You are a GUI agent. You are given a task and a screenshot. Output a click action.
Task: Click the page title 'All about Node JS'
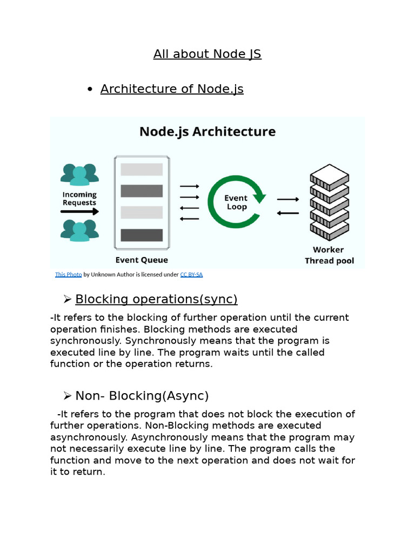(x=207, y=54)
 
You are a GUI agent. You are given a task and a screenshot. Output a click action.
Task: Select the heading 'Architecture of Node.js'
(x=172, y=89)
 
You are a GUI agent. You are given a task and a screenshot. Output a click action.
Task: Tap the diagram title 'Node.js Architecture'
(x=207, y=132)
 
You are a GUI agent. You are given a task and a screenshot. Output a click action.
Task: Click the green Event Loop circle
(x=237, y=202)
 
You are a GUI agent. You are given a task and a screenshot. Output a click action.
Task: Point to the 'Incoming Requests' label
(x=79, y=199)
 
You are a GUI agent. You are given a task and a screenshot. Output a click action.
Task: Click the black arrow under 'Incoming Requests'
(x=79, y=212)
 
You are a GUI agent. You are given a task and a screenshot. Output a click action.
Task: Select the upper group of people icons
(x=79, y=174)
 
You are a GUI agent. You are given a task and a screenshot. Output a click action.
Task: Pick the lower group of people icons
(x=79, y=231)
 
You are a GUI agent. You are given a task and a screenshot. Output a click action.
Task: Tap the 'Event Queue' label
(x=142, y=260)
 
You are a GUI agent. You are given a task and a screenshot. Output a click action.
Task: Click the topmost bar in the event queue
(x=142, y=170)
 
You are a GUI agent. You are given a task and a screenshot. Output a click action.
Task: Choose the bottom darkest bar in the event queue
(x=142, y=235)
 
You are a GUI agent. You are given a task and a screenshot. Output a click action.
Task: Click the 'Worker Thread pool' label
(x=329, y=255)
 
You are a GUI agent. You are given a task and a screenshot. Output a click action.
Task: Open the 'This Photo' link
(x=69, y=274)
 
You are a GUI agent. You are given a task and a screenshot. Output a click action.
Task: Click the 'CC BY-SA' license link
(x=191, y=274)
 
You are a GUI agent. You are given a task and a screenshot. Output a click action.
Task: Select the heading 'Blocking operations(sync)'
(x=156, y=299)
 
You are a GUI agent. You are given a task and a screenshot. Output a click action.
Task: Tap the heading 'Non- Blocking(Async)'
(x=142, y=396)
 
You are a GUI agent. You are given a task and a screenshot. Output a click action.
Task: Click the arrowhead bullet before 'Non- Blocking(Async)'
(x=68, y=396)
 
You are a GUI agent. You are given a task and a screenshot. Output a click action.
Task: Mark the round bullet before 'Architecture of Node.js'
(x=90, y=90)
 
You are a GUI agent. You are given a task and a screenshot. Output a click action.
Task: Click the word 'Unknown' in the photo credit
(x=102, y=274)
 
